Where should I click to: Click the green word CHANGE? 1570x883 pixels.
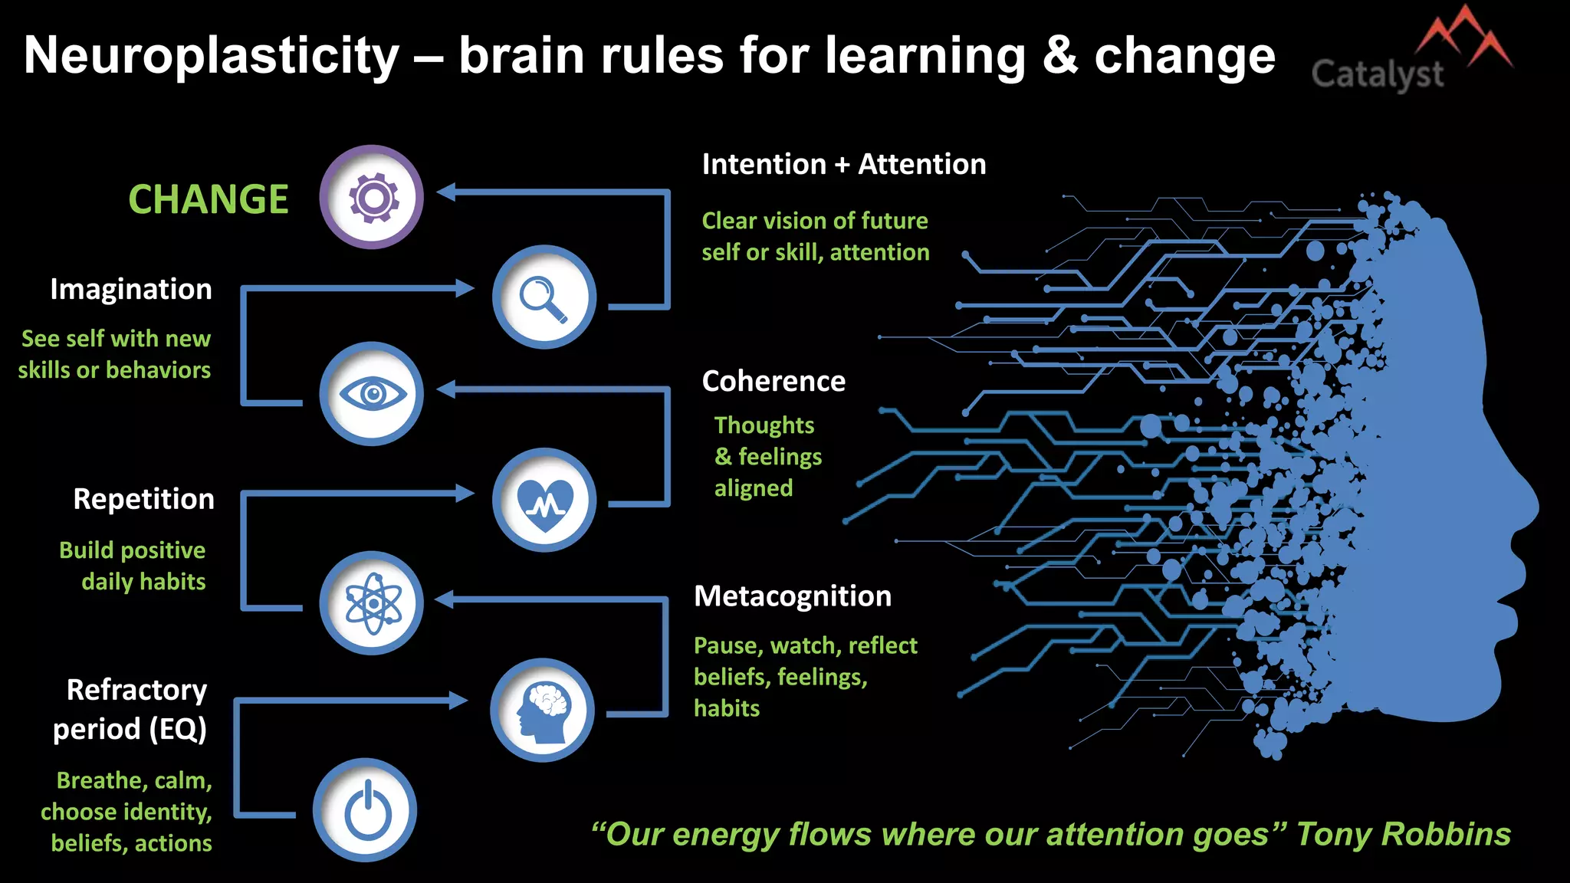click(208, 199)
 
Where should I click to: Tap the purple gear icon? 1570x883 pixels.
click(372, 197)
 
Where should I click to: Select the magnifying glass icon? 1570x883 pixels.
click(544, 297)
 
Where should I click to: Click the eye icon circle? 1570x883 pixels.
click(372, 394)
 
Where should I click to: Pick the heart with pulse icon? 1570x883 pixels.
click(544, 501)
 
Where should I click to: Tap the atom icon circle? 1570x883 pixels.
click(372, 603)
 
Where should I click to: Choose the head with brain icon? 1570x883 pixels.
click(543, 711)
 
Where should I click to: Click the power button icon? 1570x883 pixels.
click(366, 810)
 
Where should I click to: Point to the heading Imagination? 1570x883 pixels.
click(131, 289)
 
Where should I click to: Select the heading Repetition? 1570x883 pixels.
click(143, 499)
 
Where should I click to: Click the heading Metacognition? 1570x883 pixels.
click(793, 596)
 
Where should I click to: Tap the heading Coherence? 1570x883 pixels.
click(774, 381)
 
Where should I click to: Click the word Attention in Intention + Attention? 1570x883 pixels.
click(921, 164)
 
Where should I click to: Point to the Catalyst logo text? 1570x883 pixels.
click(1377, 74)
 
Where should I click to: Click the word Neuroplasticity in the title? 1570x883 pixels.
click(212, 55)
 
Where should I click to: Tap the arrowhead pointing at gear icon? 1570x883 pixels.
click(447, 192)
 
